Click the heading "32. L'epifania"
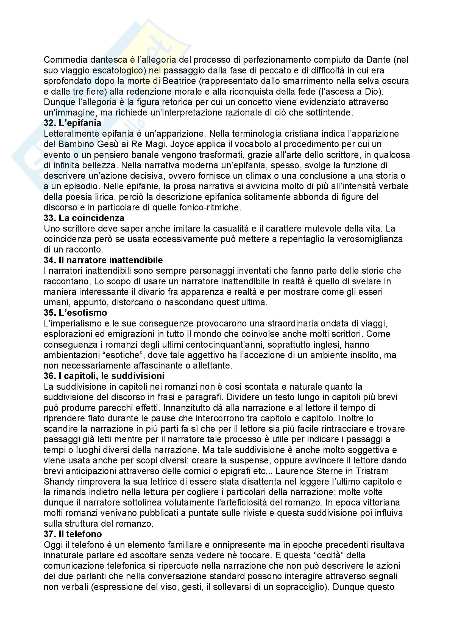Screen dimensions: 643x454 point(73,123)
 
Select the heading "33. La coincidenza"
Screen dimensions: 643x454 point(84,218)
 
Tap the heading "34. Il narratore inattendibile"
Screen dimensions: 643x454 point(103,260)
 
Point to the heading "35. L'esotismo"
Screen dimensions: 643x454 point(75,312)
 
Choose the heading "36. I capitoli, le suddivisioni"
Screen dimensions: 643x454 point(104,376)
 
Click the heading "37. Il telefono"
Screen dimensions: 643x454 point(73,534)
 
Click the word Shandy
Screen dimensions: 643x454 point(59,482)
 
